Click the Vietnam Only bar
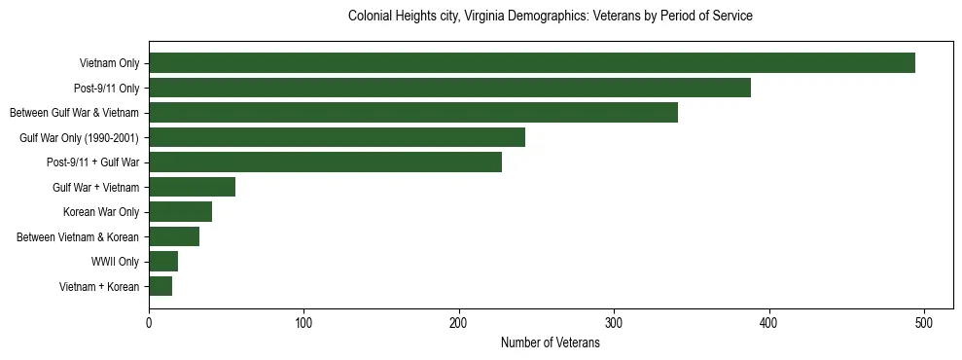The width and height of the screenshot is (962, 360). point(532,63)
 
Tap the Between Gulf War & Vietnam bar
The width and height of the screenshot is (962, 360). point(413,113)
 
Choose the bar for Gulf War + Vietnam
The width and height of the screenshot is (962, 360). point(192,187)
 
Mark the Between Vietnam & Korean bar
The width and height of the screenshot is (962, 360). point(174,236)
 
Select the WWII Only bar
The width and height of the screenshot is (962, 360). point(163,262)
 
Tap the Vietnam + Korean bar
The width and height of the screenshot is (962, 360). point(160,286)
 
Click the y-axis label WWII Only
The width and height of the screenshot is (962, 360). point(115,262)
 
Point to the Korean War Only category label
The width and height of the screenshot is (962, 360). point(101,212)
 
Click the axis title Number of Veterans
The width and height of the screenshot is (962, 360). point(550,343)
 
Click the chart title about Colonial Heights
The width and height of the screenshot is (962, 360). point(550,17)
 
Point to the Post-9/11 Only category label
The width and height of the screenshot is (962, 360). point(106,88)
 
